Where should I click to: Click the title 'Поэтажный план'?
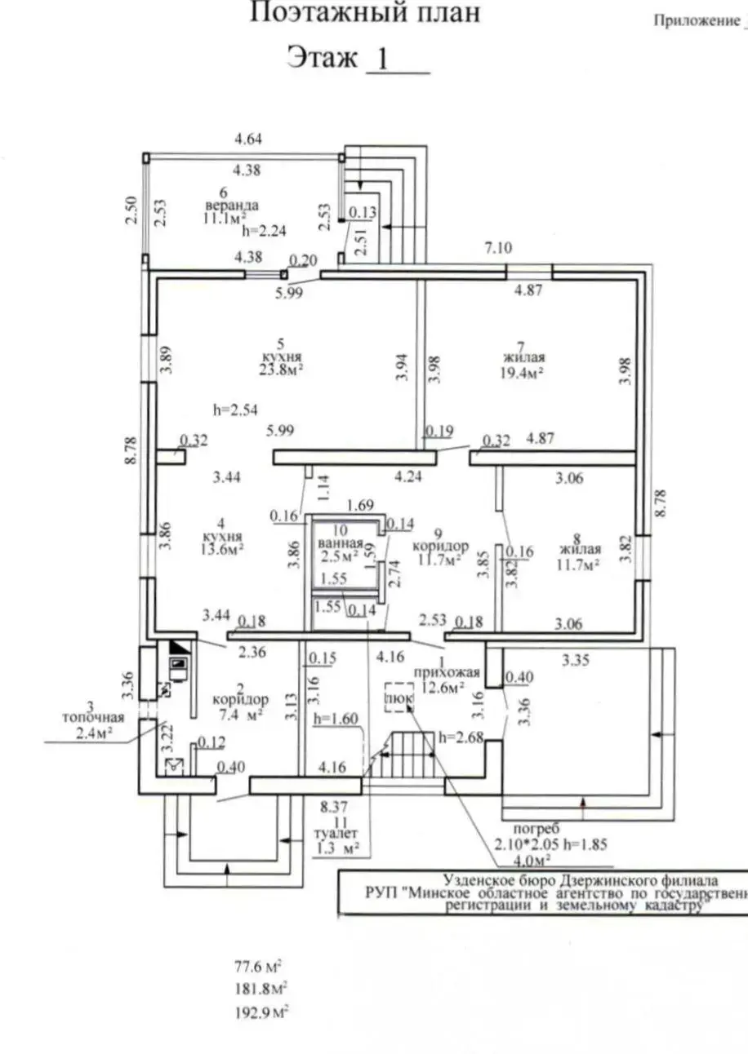click(364, 13)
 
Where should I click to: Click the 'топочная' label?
click(95, 718)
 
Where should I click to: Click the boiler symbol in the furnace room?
click(178, 662)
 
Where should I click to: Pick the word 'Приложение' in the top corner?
click(696, 22)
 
